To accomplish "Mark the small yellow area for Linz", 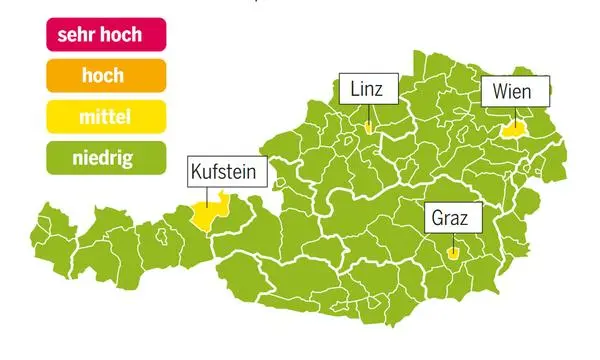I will click(370, 128).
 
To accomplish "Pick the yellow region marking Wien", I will click(514, 129).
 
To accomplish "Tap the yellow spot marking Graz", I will click(453, 253).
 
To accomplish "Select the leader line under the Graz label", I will click(453, 239).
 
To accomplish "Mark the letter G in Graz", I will click(438, 216).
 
